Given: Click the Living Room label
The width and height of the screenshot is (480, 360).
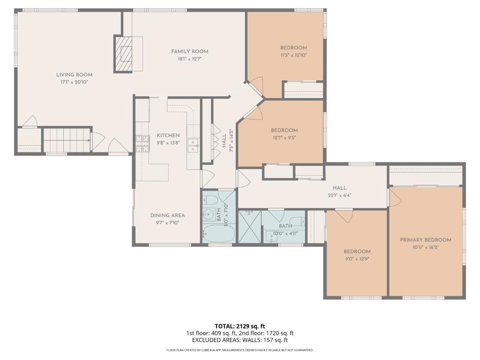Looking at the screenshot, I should click(74, 75).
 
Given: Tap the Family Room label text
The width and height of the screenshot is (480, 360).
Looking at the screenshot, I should click(189, 52).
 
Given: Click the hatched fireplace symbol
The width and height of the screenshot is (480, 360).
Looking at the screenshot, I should click(125, 53).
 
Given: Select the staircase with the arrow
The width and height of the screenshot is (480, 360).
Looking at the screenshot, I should click(67, 140).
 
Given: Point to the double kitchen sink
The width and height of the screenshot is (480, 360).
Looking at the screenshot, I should click(193, 146).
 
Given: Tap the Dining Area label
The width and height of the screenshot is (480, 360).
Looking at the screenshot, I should click(167, 216).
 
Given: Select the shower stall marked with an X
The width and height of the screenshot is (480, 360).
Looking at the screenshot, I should click(249, 226).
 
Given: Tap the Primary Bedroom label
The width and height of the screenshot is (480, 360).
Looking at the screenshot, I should click(425, 240).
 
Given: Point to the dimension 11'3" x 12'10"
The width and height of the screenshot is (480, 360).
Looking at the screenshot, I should click(293, 55).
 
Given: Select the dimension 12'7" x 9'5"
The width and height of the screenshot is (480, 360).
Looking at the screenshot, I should click(284, 138).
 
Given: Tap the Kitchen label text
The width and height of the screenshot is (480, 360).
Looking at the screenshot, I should click(168, 135).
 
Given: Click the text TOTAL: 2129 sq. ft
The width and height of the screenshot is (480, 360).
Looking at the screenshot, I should click(240, 326).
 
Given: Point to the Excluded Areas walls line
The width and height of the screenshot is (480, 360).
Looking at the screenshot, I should click(240, 340).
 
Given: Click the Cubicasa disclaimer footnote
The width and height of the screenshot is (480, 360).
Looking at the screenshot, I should click(240, 350).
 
